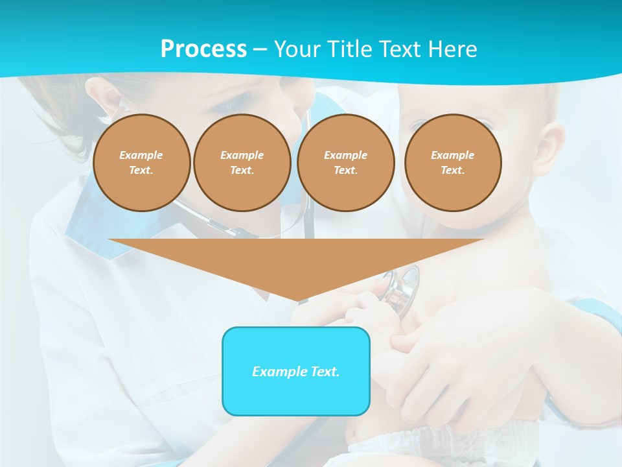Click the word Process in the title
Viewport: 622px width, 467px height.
click(203, 49)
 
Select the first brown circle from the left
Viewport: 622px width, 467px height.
click(141, 162)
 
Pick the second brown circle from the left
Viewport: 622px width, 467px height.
click(242, 162)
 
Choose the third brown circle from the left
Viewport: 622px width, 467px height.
click(345, 162)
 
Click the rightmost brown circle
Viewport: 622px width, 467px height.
click(452, 162)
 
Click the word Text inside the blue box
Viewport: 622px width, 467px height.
click(324, 372)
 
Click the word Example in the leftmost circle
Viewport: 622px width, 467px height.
click(141, 155)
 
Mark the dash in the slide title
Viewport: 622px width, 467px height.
click(260, 49)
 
